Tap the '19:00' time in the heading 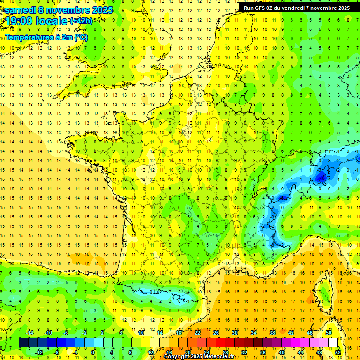[19, 21]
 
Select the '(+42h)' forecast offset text [81, 21]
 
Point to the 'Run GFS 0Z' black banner [297, 7]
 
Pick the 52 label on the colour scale [338, 352]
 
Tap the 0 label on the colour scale [92, 352]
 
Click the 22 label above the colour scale [197, 332]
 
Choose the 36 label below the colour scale [263, 352]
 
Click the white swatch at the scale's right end [333, 342]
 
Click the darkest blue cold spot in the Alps [321, 177]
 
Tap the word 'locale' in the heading [52, 21]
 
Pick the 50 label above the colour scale [329, 332]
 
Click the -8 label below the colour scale [57, 352]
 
